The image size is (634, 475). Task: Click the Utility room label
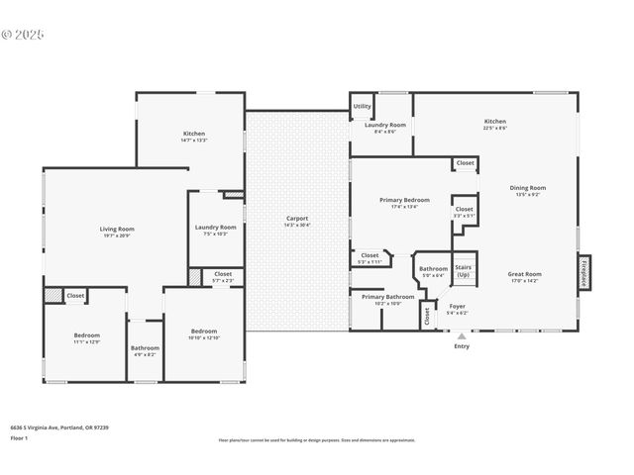[363, 106]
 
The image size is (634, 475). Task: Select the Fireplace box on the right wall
[584, 272]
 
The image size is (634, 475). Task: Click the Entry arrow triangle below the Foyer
[462, 336]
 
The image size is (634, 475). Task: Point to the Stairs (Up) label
[463, 270]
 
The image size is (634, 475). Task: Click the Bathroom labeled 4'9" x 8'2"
[145, 350]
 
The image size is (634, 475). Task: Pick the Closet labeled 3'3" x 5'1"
[464, 212]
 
